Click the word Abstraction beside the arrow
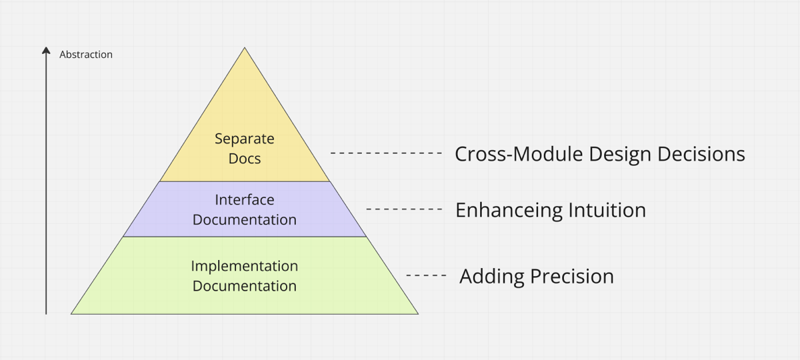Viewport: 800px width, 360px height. coord(86,55)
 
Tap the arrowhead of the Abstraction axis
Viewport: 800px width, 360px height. coord(46,51)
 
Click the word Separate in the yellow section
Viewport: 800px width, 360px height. coord(245,139)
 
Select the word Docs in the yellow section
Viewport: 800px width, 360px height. coord(245,159)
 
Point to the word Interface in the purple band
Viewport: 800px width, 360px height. coord(245,199)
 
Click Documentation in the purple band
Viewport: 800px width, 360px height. coord(245,219)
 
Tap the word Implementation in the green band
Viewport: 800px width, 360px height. coord(245,267)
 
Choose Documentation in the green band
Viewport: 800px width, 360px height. coord(245,286)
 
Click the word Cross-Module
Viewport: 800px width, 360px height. coord(519,154)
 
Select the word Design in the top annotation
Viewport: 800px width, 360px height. coord(621,155)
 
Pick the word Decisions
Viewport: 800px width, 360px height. coord(701,154)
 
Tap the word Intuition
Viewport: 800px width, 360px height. coord(607,210)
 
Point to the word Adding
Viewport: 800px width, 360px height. coord(492,277)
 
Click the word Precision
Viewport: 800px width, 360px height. coord(572,277)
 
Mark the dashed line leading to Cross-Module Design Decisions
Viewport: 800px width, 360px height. coord(387,153)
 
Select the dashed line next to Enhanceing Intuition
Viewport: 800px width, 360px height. coord(405,209)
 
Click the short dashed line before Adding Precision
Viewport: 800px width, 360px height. coord(427,275)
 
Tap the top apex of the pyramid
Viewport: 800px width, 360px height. coord(245,47)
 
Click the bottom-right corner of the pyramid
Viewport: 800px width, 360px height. coord(418,314)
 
